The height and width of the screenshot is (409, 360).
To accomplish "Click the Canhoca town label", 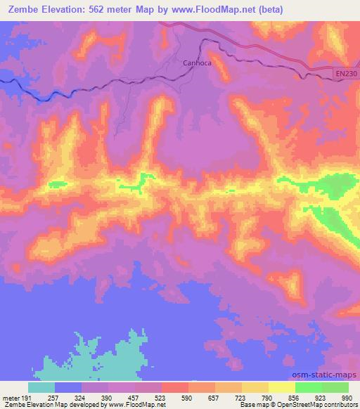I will coord(198,62).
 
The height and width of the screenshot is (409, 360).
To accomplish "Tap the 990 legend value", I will coord(346,397).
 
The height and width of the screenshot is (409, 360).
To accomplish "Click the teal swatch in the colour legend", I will coord(41,387).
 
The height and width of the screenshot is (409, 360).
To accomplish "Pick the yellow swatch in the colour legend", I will coord(281,387).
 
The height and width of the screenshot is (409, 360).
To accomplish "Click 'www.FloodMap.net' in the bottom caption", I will coord(136,405).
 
